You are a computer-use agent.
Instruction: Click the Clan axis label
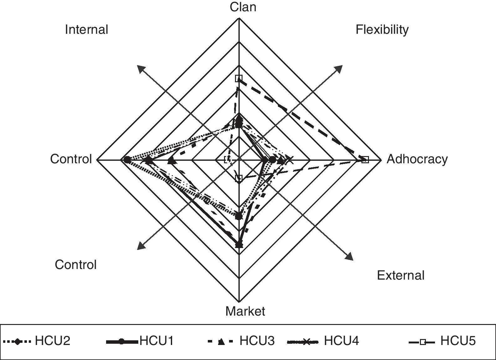[243, 7]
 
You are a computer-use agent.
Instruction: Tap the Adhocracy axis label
[417, 159]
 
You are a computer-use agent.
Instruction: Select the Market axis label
[245, 311]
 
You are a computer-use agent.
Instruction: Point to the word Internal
[86, 29]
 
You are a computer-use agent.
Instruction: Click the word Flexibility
[382, 29]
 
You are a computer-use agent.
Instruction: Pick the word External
[401, 275]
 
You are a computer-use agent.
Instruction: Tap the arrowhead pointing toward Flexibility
[339, 68]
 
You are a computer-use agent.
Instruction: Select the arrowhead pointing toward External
[349, 256]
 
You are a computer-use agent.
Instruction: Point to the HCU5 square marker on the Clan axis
[239, 78]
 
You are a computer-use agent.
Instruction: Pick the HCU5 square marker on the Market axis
[239, 178]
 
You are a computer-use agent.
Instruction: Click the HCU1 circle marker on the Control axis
[127, 160]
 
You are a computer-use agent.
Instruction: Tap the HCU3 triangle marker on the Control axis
[171, 161]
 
